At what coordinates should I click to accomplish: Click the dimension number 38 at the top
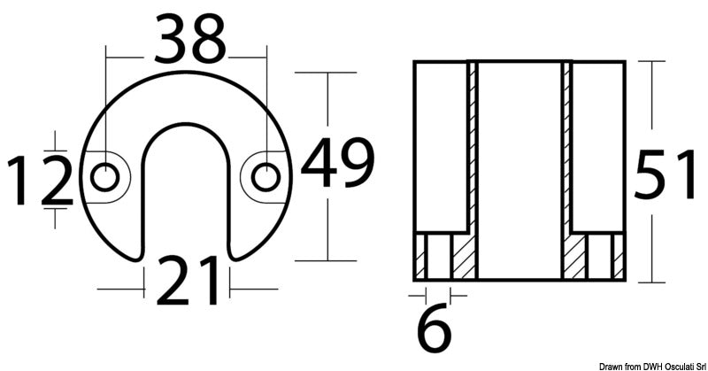coord(189,39)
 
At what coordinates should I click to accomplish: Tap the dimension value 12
coord(39,181)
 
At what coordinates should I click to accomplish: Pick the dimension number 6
coord(434,328)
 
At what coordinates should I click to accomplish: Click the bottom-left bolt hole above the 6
coord(434,256)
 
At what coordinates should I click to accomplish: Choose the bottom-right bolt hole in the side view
coord(604,256)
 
